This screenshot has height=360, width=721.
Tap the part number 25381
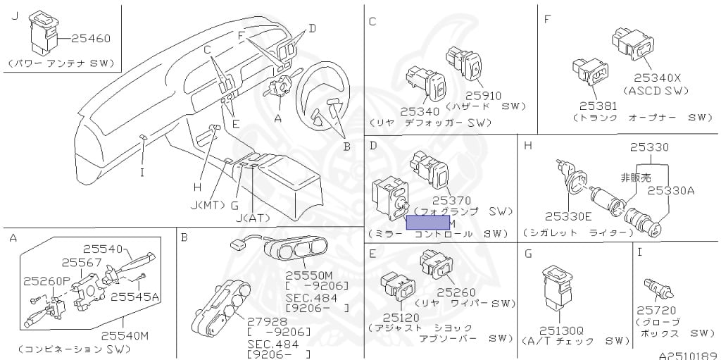598,106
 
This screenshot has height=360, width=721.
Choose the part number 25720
656,310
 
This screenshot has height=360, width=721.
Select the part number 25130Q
561,330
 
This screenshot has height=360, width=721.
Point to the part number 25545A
134,296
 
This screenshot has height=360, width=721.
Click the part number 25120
399,318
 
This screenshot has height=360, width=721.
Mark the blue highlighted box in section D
427,223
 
